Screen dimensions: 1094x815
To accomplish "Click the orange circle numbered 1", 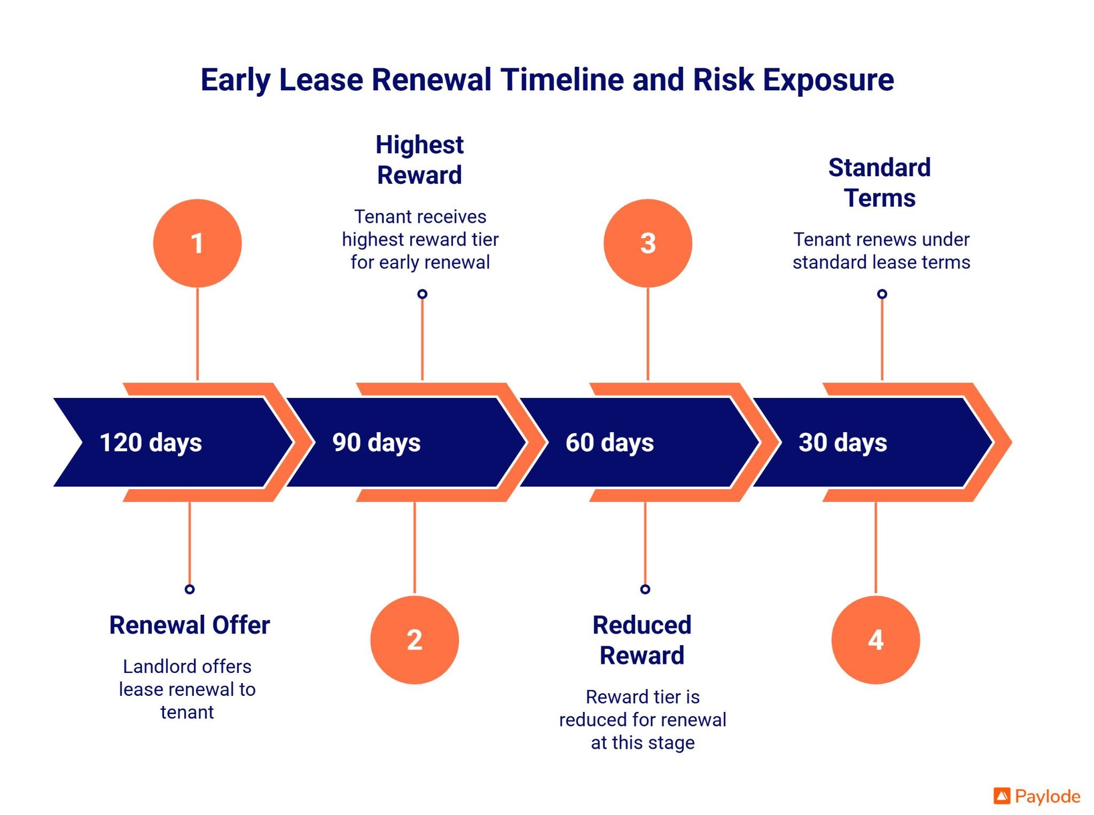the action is point(197,243).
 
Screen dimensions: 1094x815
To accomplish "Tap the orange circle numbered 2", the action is point(415,639).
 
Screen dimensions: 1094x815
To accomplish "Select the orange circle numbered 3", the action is point(647,243).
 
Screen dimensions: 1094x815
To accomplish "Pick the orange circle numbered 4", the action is point(876,639).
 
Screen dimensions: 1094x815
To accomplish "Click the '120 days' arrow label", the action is point(151,442).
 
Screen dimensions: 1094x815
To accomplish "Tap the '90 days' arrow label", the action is point(376,442).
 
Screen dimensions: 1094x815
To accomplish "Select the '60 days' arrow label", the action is point(609,442).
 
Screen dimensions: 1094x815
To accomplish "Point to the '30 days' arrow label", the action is point(842,442).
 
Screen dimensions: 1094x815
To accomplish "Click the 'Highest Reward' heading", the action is point(419,160).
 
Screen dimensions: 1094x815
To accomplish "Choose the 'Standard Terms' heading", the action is point(879,182).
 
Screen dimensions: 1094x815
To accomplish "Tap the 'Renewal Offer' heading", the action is point(190,625).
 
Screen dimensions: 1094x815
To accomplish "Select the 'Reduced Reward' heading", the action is point(642,640).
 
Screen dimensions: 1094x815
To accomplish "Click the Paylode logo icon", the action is point(1002,796).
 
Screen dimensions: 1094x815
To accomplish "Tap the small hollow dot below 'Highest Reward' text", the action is point(422,294).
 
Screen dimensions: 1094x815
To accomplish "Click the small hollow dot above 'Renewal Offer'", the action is point(190,589).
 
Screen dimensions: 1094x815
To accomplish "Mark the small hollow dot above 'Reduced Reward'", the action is point(645,589).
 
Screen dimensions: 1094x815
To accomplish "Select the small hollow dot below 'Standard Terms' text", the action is point(882,294).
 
